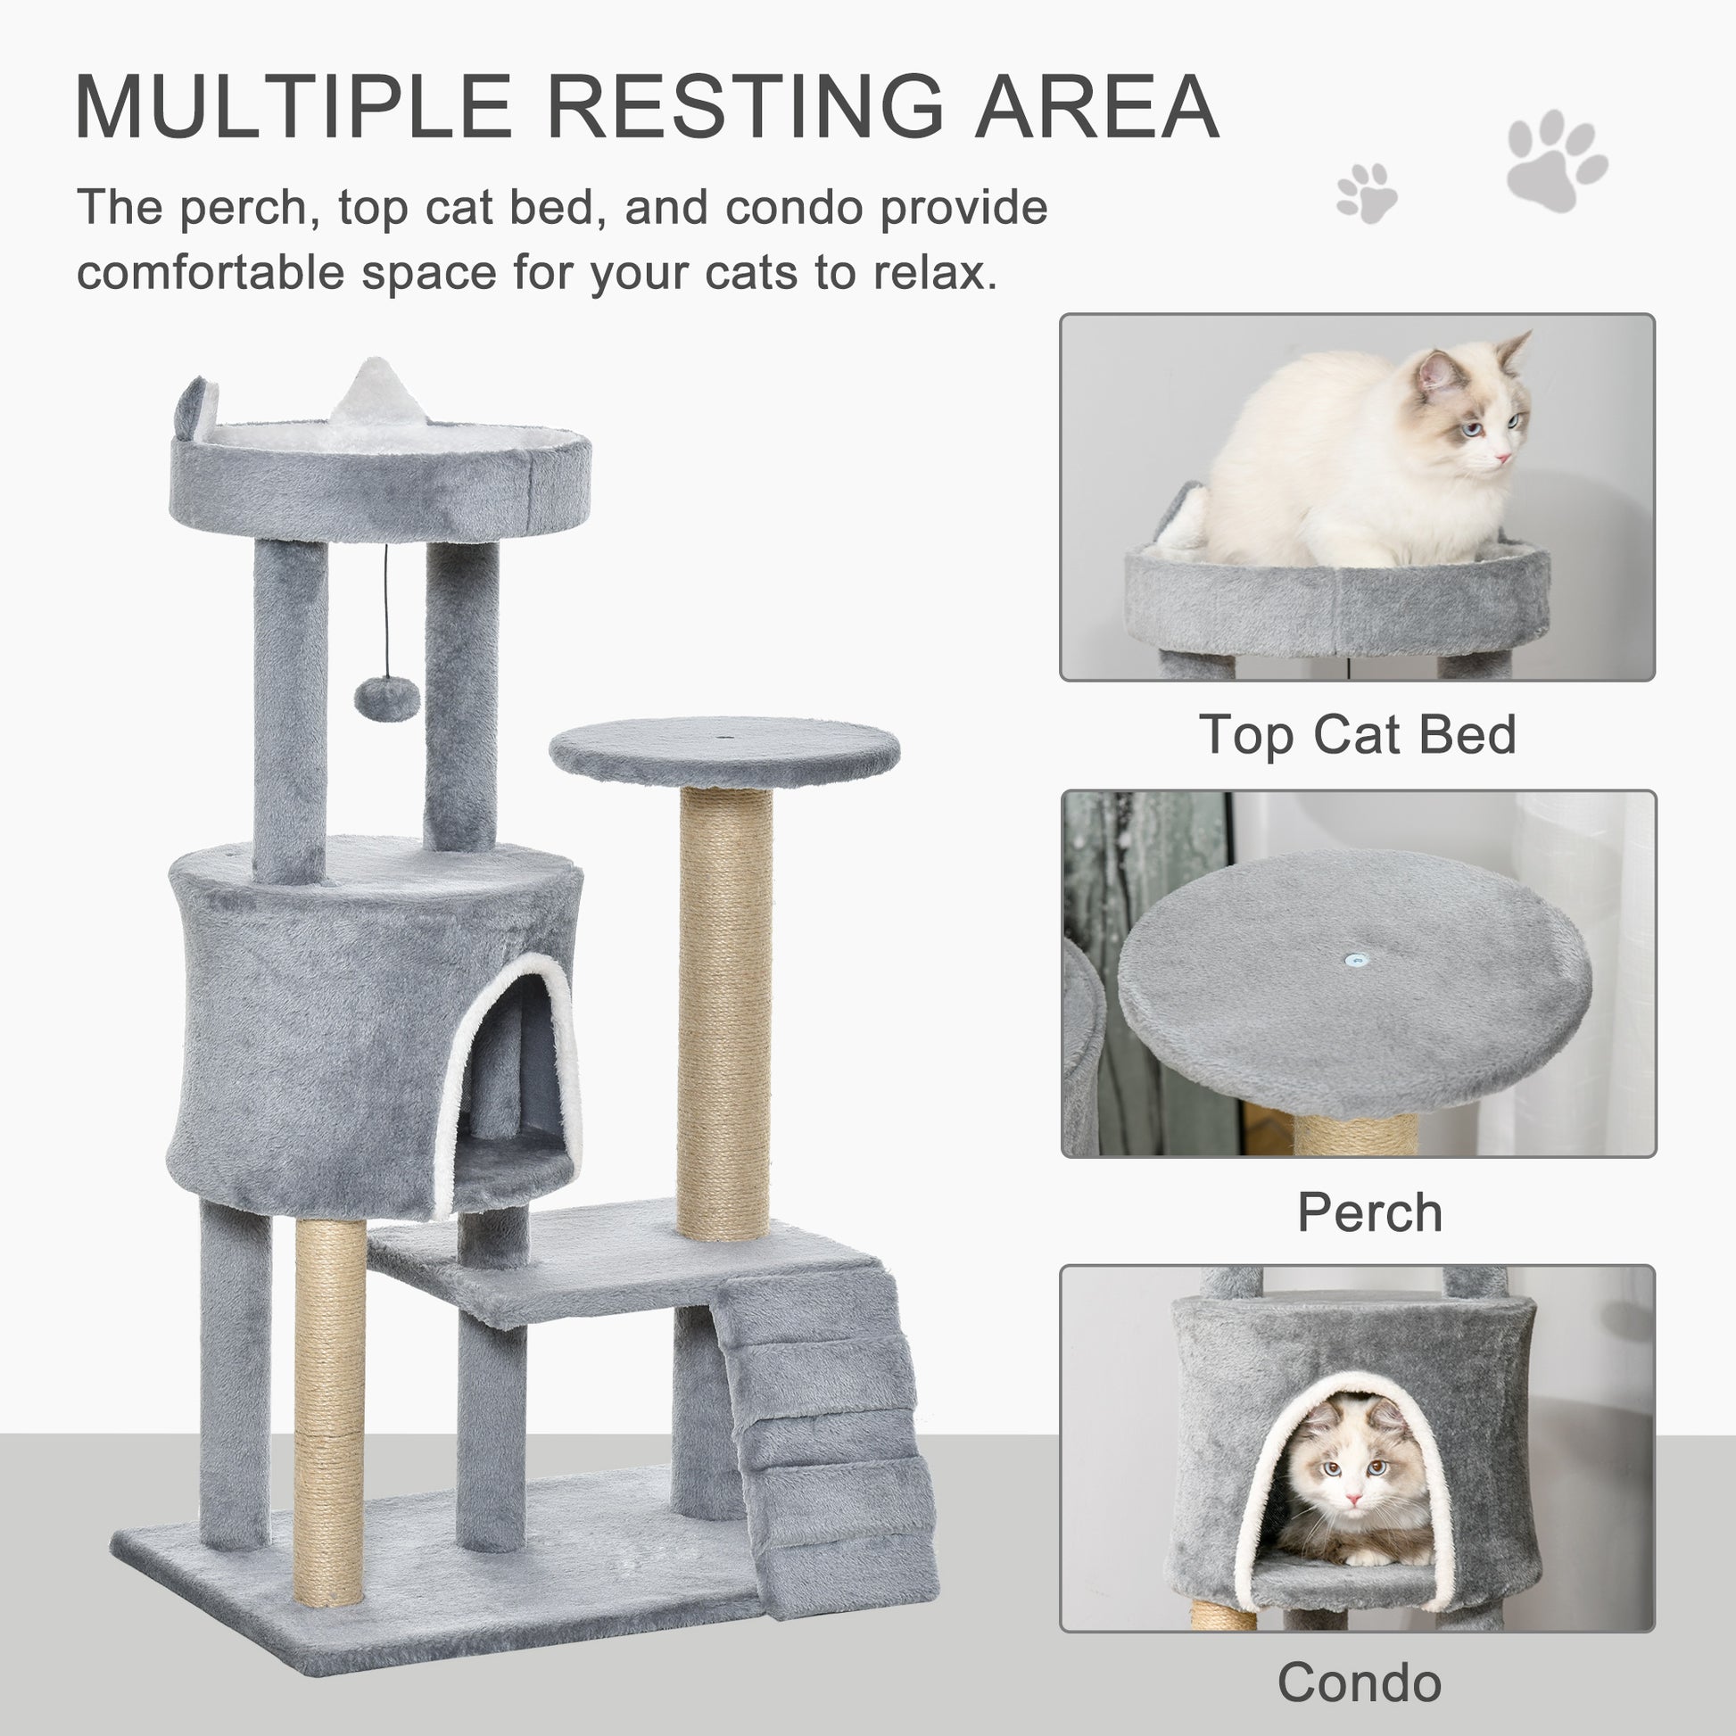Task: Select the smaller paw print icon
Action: pyautogui.click(x=1366, y=193)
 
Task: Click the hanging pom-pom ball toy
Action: pyautogui.click(x=386, y=698)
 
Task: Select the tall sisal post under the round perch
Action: pyautogui.click(x=724, y=1006)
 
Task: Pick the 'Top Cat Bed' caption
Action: pyautogui.click(x=1358, y=735)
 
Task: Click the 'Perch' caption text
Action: pyautogui.click(x=1369, y=1212)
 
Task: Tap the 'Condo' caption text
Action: pyautogui.click(x=1360, y=1682)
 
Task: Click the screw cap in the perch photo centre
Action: pyautogui.click(x=1358, y=960)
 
